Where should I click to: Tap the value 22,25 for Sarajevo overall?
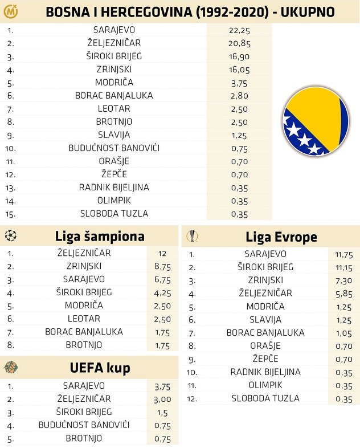(239, 30)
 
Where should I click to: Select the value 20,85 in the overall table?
(239, 43)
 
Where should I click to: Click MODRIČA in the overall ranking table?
(114, 82)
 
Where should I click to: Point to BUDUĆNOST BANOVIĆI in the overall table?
(114, 148)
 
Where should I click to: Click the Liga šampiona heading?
(100, 237)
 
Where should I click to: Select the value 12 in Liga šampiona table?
(162, 253)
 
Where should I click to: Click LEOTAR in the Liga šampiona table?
(83, 319)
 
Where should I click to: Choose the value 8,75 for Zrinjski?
(162, 266)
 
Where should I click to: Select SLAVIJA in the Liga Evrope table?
(265, 320)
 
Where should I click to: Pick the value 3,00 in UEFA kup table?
(162, 399)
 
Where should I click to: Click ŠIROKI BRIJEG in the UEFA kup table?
(83, 412)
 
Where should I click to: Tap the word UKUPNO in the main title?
(304, 11)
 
